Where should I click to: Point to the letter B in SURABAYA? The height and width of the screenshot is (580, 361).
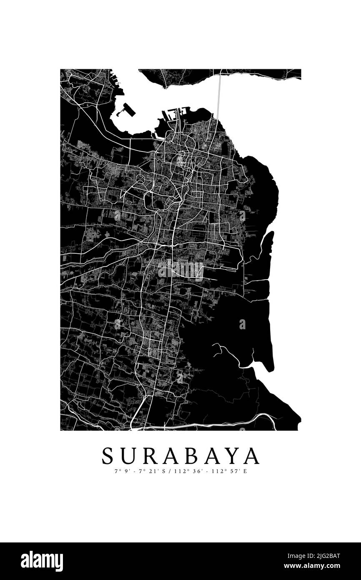(x=192, y=456)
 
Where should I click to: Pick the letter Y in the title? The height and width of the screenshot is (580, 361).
(x=231, y=456)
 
